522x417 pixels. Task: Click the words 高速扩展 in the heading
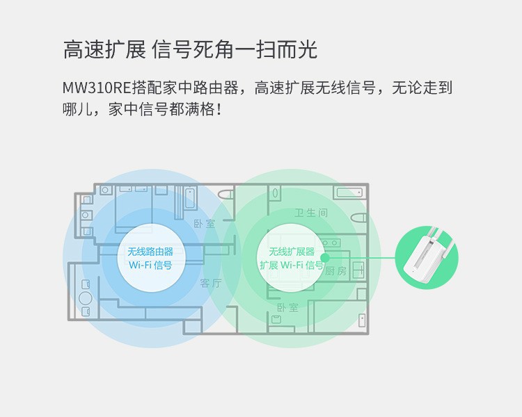coord(104,50)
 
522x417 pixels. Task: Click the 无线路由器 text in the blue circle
coord(150,252)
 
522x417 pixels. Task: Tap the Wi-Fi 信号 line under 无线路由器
coord(150,265)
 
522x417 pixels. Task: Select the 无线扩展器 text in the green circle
coord(292,252)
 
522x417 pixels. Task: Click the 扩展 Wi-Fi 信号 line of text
coord(292,265)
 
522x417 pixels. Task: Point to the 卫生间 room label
coord(311,213)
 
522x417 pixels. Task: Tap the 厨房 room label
coord(335,271)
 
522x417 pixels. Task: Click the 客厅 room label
coord(210,283)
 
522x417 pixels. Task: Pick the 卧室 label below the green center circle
coord(287,307)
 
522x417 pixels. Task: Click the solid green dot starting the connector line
coord(324,259)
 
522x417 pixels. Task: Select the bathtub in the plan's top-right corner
coord(348,193)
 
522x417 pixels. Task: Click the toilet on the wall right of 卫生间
coord(358,218)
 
